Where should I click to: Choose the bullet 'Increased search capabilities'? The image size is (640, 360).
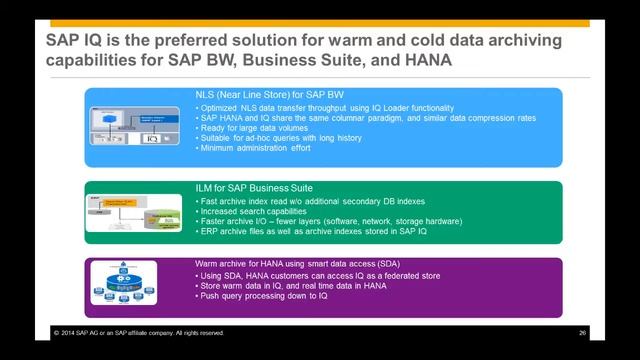click(251, 213)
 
